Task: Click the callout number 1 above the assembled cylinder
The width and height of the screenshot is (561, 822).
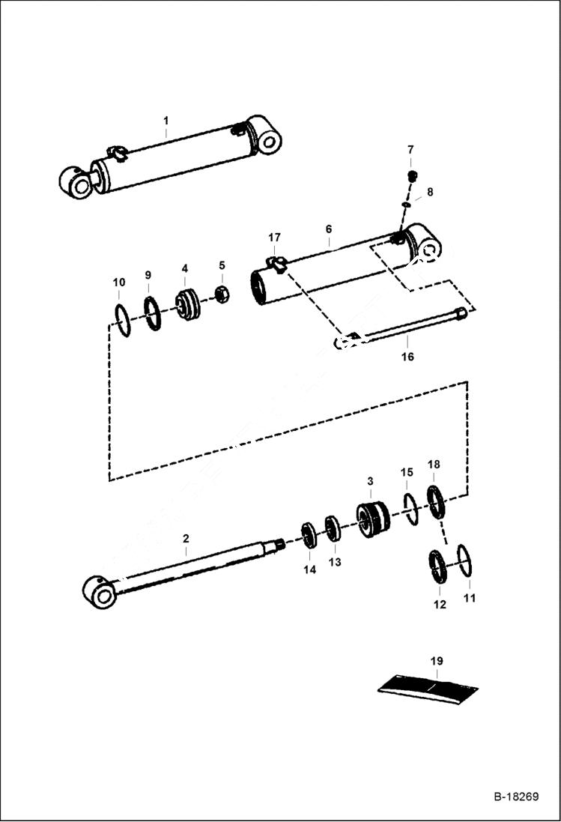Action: click(x=166, y=121)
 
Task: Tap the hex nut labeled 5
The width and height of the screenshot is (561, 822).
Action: click(x=222, y=294)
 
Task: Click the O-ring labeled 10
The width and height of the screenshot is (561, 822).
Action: click(x=123, y=321)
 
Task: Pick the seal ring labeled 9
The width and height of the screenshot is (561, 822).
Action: click(x=152, y=312)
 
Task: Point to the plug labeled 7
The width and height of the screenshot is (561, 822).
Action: click(x=411, y=176)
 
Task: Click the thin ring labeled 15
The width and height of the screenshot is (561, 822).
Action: click(x=410, y=510)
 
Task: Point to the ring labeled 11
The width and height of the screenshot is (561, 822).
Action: click(x=464, y=560)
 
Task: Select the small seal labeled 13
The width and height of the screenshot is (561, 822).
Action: click(x=333, y=528)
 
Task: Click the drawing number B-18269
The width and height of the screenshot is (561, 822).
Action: click(x=515, y=796)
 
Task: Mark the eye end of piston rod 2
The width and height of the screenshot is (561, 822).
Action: click(x=99, y=592)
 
